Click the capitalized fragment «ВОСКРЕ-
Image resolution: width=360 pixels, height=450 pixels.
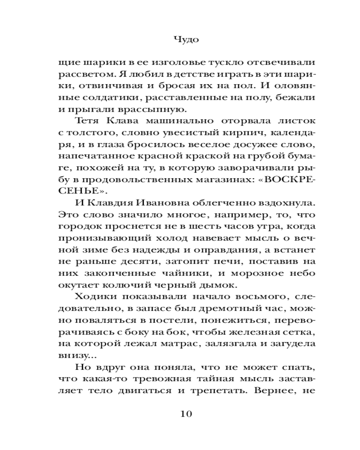click(285, 180)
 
